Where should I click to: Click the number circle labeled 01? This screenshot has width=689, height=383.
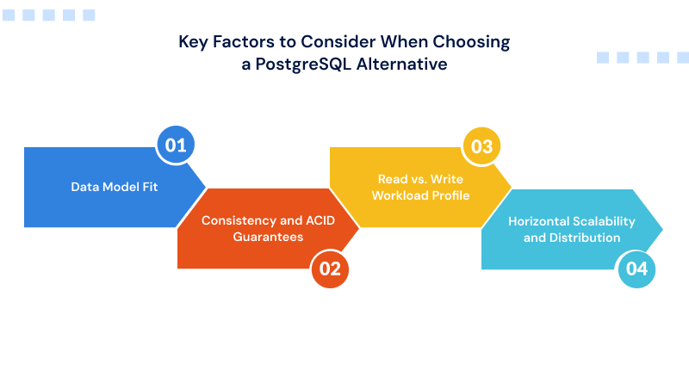coord(176,145)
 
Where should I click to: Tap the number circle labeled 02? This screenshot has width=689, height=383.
coord(330,269)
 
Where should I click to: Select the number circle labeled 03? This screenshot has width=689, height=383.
coord(481,145)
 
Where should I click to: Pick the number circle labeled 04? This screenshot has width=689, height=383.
coord(636,269)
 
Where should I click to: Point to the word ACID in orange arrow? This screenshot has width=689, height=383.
coord(318,221)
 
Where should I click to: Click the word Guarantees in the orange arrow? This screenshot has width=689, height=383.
coord(268,237)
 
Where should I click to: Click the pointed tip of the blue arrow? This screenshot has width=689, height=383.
coord(206,187)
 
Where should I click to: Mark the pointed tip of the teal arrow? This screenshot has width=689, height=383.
coord(662,229)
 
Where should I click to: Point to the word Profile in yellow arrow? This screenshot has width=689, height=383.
coord(449,195)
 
